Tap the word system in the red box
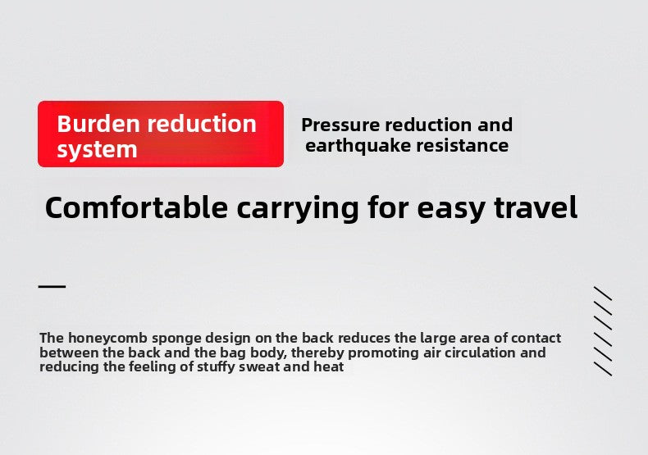[x=97, y=149]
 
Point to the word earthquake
[x=358, y=145]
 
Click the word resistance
[x=463, y=145]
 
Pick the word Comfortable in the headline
[x=136, y=207]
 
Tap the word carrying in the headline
[x=298, y=209]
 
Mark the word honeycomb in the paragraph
[x=107, y=338]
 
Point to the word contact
[x=536, y=338]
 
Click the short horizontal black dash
[x=52, y=286]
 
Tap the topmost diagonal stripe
[x=603, y=293]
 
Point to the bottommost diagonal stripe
[x=603, y=369]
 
